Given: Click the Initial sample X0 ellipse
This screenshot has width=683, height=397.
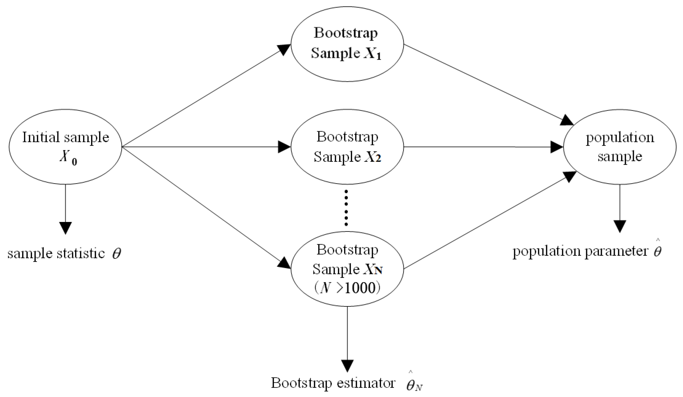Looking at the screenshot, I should click(65, 147).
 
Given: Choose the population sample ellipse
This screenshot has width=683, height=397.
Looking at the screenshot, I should click(620, 147).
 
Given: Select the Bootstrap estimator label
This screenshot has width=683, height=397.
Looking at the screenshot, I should click(347, 383).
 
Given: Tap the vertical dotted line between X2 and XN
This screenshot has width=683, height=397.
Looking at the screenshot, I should click(346, 208).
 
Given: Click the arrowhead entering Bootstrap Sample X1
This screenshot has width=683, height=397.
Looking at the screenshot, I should click(283, 49).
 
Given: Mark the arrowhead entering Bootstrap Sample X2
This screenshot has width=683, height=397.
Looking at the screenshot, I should click(284, 147).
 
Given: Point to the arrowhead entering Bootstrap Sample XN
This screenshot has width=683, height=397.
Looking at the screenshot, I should click(283, 263).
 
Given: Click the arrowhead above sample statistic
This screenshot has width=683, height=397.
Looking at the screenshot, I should click(65, 228).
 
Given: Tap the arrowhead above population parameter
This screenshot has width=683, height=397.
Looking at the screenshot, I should click(620, 226).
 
